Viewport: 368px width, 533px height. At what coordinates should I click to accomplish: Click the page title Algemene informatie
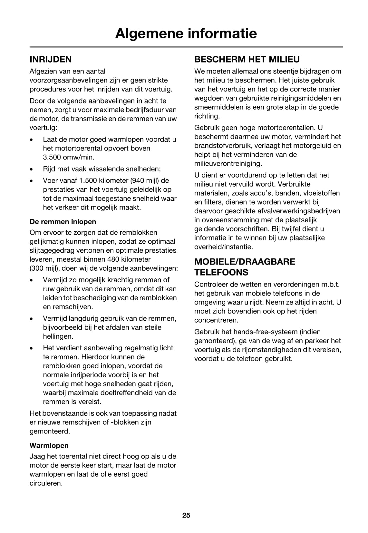[186, 34]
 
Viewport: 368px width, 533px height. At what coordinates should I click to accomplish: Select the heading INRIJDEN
[51, 59]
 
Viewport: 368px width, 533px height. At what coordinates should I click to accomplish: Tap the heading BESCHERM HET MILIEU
[247, 59]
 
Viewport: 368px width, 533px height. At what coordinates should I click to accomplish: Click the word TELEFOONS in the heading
[221, 272]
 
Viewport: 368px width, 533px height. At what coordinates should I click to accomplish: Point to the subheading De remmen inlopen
[63, 222]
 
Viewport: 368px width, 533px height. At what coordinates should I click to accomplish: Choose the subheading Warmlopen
[49, 446]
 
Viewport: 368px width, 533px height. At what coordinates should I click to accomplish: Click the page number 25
[186, 515]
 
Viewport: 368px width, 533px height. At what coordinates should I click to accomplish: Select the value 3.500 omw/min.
[69, 157]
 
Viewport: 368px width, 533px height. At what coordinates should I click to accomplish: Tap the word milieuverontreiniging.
[228, 164]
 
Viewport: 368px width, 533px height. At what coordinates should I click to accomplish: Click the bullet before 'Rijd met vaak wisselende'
[31, 169]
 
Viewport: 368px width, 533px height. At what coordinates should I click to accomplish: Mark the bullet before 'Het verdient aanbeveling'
[31, 348]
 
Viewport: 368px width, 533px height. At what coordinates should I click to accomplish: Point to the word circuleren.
[46, 483]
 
